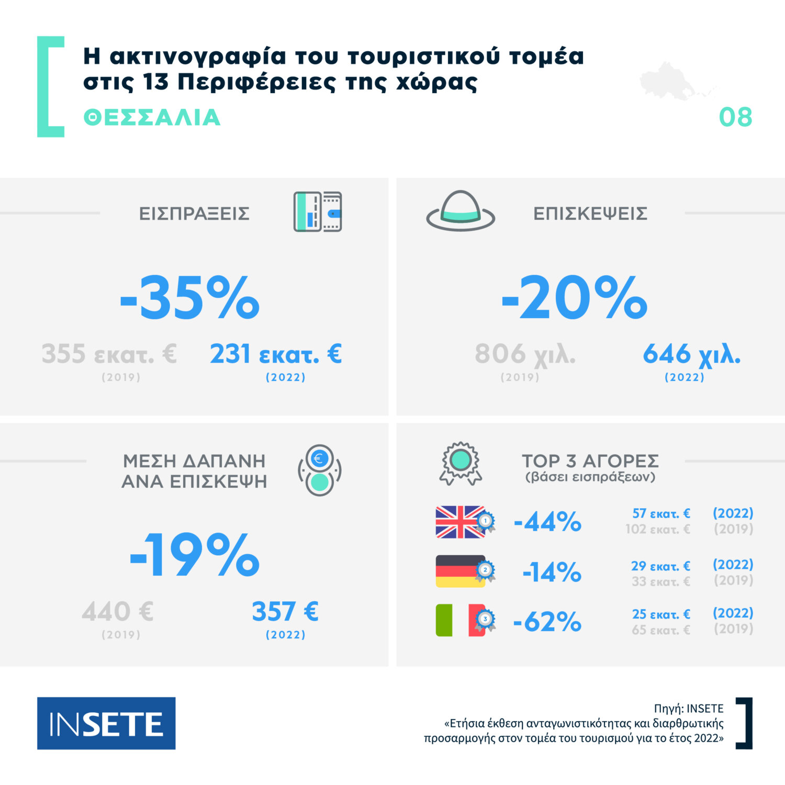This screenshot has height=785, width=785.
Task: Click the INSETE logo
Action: click(106, 723)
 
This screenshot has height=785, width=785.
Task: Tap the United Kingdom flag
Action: click(460, 522)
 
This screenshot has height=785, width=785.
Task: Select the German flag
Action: click(460, 571)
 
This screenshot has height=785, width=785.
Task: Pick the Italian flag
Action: click(460, 620)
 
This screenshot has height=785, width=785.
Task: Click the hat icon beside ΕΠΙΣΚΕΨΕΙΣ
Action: click(461, 211)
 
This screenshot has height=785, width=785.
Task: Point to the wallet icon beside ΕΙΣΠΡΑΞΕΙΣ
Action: click(318, 212)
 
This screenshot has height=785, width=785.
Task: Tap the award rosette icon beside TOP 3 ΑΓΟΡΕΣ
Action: click(461, 463)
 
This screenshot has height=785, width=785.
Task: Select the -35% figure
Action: click(189, 298)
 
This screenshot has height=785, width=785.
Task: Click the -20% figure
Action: click(574, 298)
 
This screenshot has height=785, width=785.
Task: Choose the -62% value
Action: click(547, 622)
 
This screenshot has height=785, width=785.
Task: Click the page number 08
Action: click(735, 117)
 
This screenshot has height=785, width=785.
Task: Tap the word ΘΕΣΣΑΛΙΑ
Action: click(152, 118)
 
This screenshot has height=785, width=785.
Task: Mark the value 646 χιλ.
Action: click(691, 354)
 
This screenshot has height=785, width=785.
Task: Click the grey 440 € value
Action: click(118, 611)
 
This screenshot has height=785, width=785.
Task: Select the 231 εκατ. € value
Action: click(276, 354)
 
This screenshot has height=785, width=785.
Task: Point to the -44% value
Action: click(547, 522)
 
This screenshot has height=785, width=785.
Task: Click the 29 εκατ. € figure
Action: click(660, 566)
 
